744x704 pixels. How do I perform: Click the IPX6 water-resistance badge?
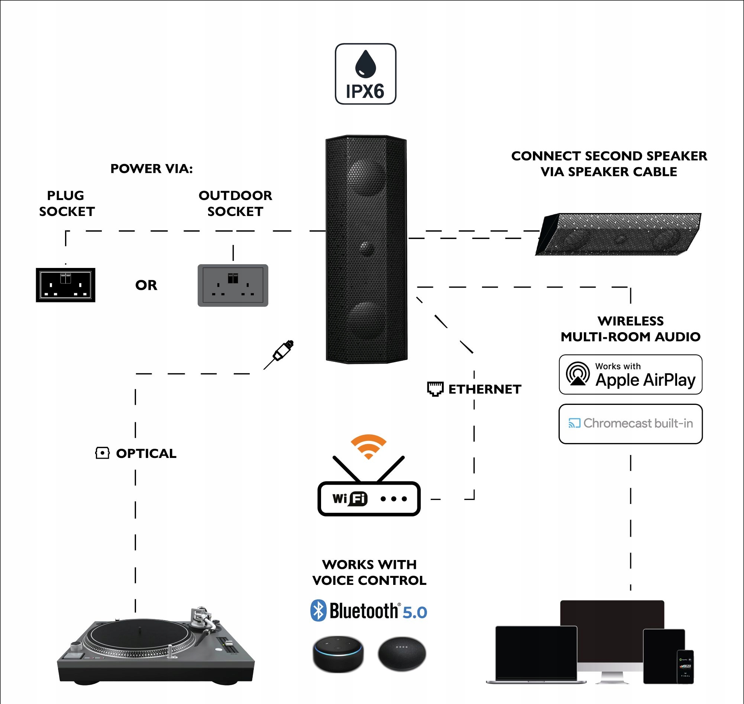pyautogui.click(x=365, y=74)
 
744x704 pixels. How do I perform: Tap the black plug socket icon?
pyautogui.click(x=65, y=285)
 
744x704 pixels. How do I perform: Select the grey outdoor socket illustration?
pyautogui.click(x=233, y=285)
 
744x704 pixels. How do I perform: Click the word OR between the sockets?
pyautogui.click(x=146, y=285)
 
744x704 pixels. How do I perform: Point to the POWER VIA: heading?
pyautogui.click(x=151, y=169)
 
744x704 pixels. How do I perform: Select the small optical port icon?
pyautogui.click(x=102, y=453)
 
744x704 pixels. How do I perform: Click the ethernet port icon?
pyautogui.click(x=435, y=389)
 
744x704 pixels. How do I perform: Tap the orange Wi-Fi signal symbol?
pyautogui.click(x=368, y=446)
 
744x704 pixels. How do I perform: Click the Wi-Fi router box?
pyautogui.click(x=369, y=498)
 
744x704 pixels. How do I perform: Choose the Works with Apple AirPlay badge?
pyautogui.click(x=630, y=374)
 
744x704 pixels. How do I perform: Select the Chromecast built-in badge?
pyautogui.click(x=630, y=424)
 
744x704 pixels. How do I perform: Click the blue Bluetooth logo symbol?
pyautogui.click(x=318, y=610)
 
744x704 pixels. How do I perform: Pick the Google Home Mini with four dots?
pyautogui.click(x=402, y=653)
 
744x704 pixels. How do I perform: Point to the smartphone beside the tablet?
pyautogui.click(x=685, y=667)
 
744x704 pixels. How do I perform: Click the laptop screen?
pyautogui.click(x=536, y=652)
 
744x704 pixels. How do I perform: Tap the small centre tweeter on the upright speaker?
pyautogui.click(x=365, y=247)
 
